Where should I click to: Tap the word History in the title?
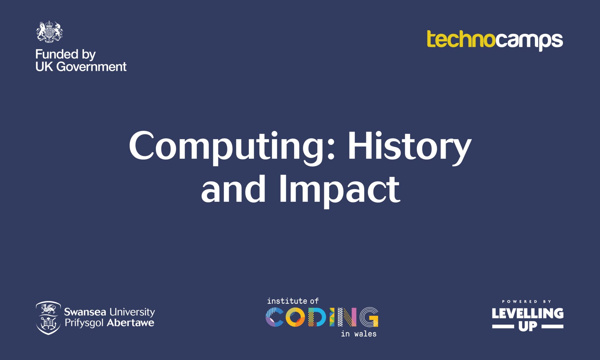tap(410, 148)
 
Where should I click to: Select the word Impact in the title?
tap(340, 190)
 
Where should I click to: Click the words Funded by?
tap(66, 55)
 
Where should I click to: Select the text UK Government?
tap(81, 67)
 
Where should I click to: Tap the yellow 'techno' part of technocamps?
tap(461, 39)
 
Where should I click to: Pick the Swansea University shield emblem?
tap(48, 318)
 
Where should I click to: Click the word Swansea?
tap(85, 312)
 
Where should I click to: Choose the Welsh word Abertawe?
tap(130, 323)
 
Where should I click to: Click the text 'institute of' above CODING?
tap(293, 301)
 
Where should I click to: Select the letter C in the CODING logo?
tap(275, 317)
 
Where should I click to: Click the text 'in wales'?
tap(359, 334)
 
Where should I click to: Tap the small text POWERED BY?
tap(527, 301)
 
